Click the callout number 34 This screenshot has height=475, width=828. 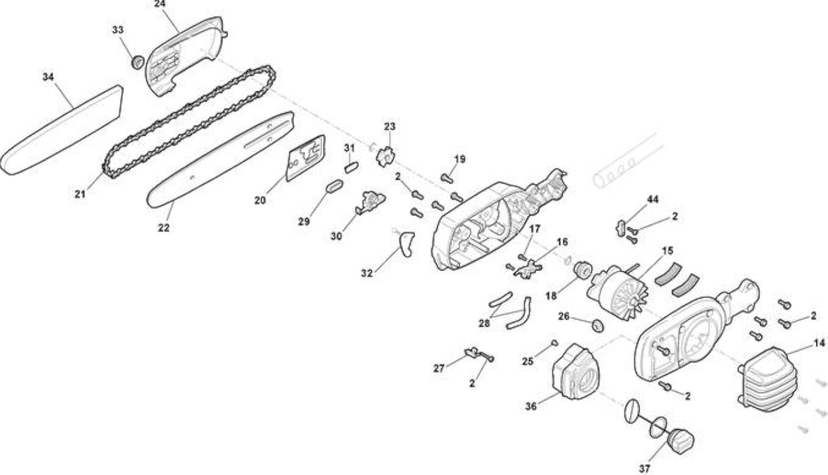point(48,76)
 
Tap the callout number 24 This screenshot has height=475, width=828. point(160,4)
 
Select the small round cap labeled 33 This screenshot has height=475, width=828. point(138,61)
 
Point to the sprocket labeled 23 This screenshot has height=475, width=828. point(385,157)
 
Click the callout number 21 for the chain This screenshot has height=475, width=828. point(80,194)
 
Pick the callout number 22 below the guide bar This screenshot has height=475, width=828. point(164,228)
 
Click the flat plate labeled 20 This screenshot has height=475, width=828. point(306,158)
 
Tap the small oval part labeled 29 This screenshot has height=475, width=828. point(334,186)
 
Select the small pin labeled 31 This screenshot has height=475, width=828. point(351,167)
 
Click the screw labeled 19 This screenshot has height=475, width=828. point(447,179)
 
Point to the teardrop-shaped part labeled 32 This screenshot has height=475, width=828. point(407,244)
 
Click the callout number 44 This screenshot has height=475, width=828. point(653,199)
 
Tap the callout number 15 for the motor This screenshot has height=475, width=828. point(668,251)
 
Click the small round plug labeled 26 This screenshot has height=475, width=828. point(598,326)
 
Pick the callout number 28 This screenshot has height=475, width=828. point(485,324)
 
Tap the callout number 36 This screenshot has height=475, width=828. point(531,406)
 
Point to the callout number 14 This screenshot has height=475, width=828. point(820,343)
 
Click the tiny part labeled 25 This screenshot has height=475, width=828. point(554,343)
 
